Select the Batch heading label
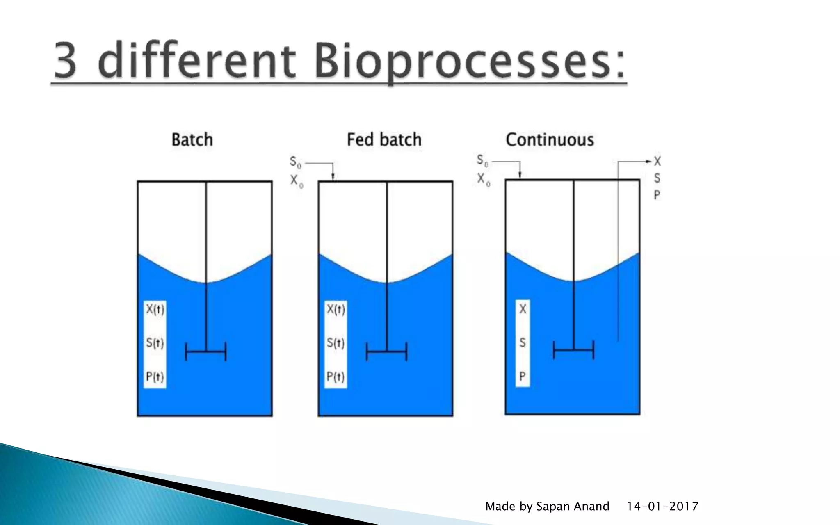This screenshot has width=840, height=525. click(x=192, y=139)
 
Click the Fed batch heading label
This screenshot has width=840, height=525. click(x=384, y=139)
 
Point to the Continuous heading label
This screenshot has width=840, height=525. click(x=550, y=139)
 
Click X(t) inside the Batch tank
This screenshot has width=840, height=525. click(x=155, y=309)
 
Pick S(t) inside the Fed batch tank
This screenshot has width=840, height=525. click(x=336, y=343)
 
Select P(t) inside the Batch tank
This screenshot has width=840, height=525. click(x=155, y=377)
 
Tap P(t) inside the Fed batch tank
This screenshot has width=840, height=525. click(x=336, y=377)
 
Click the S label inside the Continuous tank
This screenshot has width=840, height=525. click(x=522, y=342)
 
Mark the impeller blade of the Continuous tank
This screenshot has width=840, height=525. click(x=573, y=350)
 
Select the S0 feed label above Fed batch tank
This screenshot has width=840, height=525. click(x=295, y=162)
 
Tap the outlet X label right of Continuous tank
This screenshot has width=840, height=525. click(x=657, y=162)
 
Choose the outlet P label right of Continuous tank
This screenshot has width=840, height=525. click(x=657, y=195)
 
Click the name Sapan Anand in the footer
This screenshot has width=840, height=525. click(x=573, y=507)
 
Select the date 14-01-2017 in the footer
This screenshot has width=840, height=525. click(x=662, y=507)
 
